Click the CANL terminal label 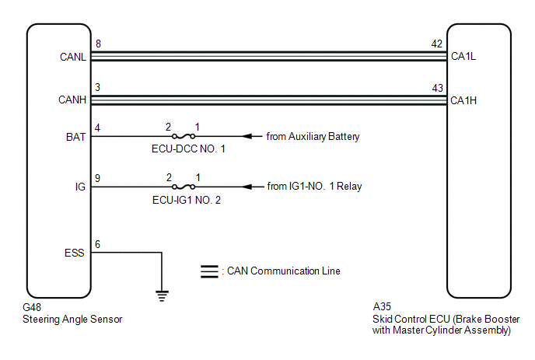[x=72, y=57]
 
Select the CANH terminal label [x=72, y=100]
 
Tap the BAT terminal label [x=75, y=137]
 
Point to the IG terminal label [x=80, y=187]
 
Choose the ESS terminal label [x=75, y=253]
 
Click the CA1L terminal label [x=463, y=56]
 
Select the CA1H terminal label [x=463, y=100]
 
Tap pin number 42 [x=437, y=44]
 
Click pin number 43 [x=438, y=88]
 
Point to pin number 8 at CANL [x=98, y=44]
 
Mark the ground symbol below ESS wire [x=162, y=295]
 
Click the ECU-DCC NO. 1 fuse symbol [x=184, y=137]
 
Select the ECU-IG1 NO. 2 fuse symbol [x=184, y=187]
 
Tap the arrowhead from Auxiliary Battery [x=247, y=137]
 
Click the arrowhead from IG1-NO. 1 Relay [x=247, y=187]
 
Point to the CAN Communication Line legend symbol [x=209, y=271]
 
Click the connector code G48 [x=32, y=307]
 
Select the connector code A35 [x=382, y=306]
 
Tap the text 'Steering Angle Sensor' [x=72, y=320]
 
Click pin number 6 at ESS [x=97, y=244]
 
